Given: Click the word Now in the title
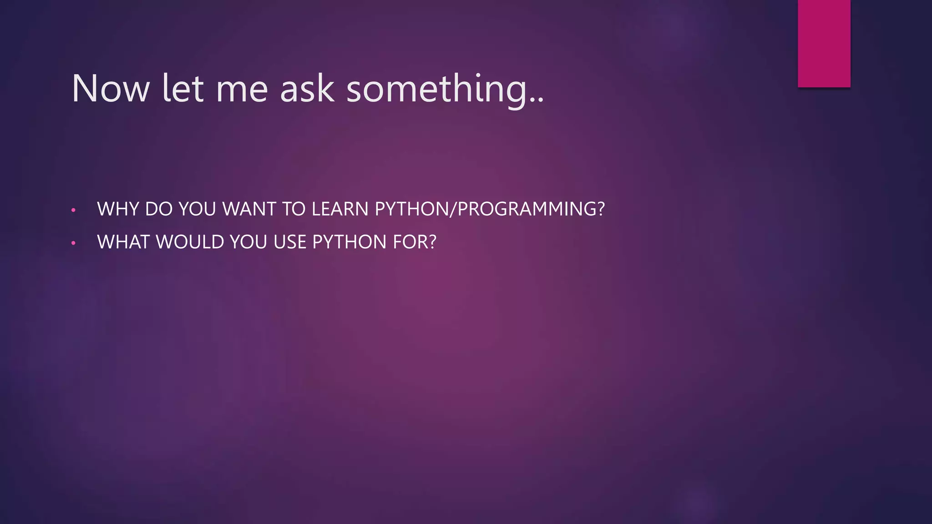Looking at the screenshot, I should pyautogui.click(x=111, y=89).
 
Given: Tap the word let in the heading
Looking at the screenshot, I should pyautogui.click(x=182, y=89).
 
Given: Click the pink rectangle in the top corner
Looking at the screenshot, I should pyautogui.click(x=824, y=43).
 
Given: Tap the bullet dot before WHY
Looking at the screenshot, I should pyautogui.click(x=73, y=210).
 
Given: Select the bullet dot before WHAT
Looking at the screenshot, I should pyautogui.click(x=73, y=243).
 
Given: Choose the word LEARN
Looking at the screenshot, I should pyautogui.click(x=340, y=209).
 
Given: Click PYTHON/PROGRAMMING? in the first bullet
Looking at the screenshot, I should pyautogui.click(x=490, y=209).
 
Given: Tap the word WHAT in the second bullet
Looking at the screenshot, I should pyautogui.click(x=123, y=242).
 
